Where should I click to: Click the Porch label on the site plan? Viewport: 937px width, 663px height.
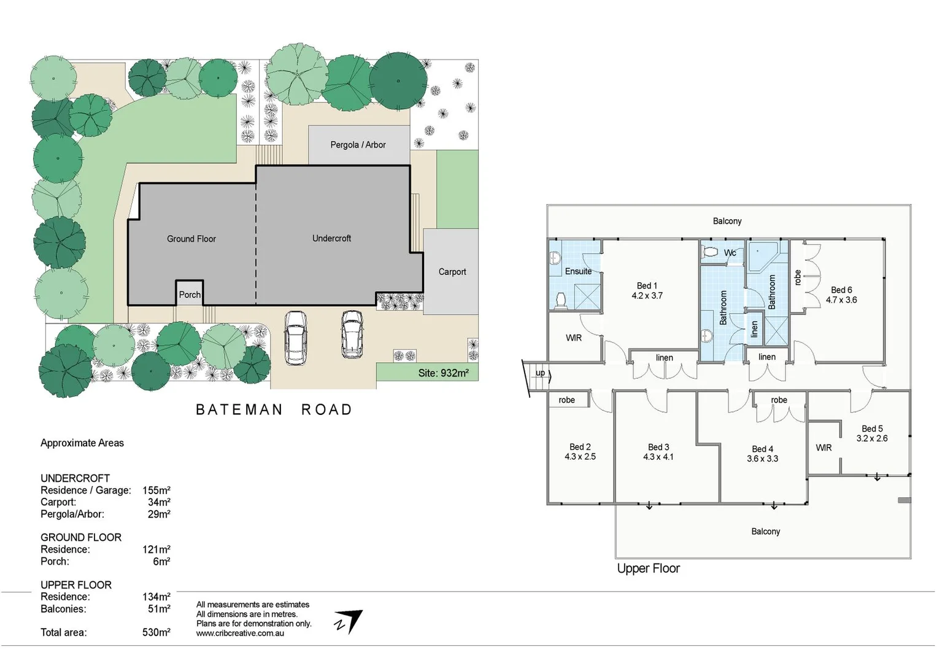(x=190, y=295)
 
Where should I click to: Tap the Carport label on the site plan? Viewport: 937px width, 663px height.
(x=452, y=271)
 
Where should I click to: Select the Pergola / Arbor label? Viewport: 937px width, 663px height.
(x=358, y=145)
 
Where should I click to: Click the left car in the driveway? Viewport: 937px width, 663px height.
(x=295, y=338)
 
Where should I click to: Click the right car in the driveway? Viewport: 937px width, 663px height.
(x=352, y=334)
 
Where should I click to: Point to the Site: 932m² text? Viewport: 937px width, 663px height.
(x=443, y=373)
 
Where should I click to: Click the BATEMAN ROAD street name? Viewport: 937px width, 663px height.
(x=274, y=409)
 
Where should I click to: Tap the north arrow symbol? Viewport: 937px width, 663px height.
(x=349, y=621)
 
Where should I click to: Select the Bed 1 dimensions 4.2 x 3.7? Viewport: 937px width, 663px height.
(x=647, y=295)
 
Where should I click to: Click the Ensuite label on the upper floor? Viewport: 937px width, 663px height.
(x=578, y=271)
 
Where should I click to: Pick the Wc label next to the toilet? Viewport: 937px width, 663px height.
(x=730, y=253)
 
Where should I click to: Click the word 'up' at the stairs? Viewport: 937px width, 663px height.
(x=540, y=373)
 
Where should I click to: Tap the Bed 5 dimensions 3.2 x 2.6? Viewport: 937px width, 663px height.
(x=872, y=438)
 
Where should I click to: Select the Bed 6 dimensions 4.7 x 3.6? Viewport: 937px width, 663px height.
(x=841, y=300)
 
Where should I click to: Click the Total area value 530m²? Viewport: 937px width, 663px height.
(x=156, y=632)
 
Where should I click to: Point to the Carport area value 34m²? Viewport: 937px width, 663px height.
(x=159, y=502)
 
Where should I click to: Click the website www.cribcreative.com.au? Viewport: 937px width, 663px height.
(x=240, y=633)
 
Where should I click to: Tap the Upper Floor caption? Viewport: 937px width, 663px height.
(x=648, y=568)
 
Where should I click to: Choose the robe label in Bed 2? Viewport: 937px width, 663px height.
(x=566, y=400)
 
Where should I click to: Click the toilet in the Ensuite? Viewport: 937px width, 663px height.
(x=560, y=300)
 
